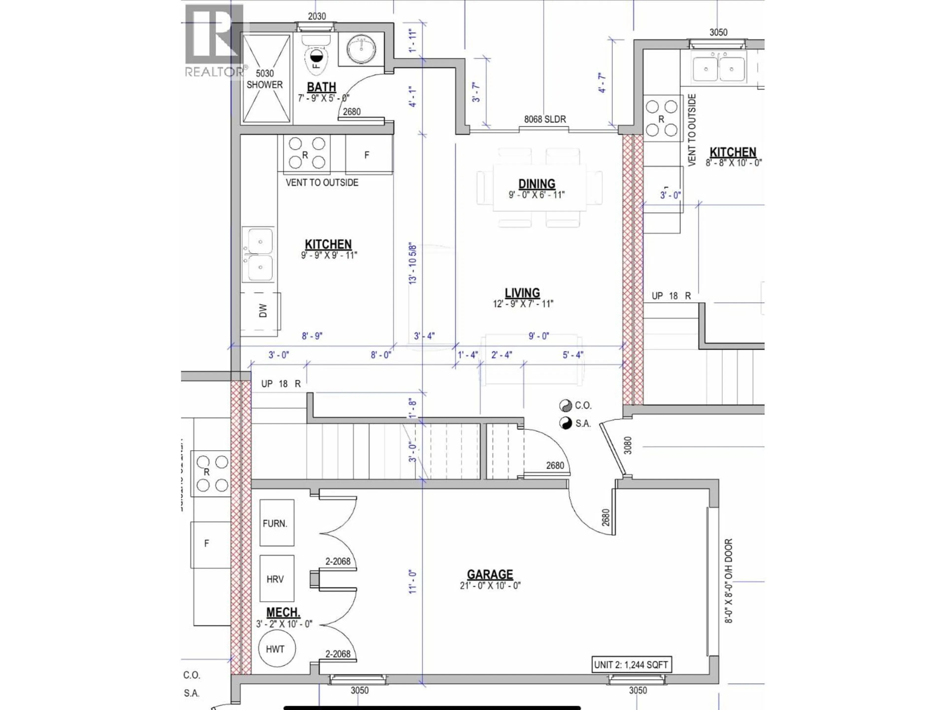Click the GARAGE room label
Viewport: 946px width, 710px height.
(x=490, y=574)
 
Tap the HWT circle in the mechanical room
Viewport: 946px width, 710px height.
(x=275, y=649)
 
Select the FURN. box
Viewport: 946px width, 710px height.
(x=277, y=523)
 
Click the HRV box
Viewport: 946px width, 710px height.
(x=277, y=579)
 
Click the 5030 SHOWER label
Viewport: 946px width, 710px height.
(x=265, y=79)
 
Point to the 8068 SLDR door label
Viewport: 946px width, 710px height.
(x=545, y=119)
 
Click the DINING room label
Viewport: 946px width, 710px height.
(x=537, y=184)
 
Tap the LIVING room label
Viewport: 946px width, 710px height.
(x=522, y=293)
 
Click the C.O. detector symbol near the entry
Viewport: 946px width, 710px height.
(x=565, y=405)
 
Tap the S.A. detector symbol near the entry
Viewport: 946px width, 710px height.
(x=565, y=423)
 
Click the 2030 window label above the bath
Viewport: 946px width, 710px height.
(x=317, y=16)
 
